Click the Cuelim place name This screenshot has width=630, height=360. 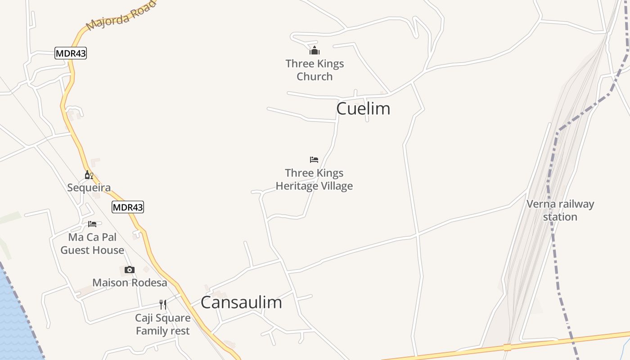(363, 108)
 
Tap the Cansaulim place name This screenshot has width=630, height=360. (241, 302)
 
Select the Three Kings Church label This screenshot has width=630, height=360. (315, 70)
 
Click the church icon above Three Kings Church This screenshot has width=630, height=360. (315, 50)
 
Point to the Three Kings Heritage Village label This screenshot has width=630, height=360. (314, 180)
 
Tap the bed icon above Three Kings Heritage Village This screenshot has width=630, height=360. (314, 160)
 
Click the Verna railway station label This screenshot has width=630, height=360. (560, 210)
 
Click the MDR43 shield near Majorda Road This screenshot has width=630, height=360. (71, 53)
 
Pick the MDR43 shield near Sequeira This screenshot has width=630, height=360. (128, 207)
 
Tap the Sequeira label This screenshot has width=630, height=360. (89, 188)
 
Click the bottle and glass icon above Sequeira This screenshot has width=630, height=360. (89, 175)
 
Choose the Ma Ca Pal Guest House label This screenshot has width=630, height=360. (92, 243)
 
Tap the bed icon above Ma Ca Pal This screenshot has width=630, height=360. (92, 224)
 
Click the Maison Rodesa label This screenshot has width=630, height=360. (130, 283)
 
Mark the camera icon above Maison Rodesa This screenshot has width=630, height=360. (130, 270)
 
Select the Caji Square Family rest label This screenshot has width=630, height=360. (163, 324)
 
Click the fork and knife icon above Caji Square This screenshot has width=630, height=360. (163, 305)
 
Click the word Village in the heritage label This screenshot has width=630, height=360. (334, 186)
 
